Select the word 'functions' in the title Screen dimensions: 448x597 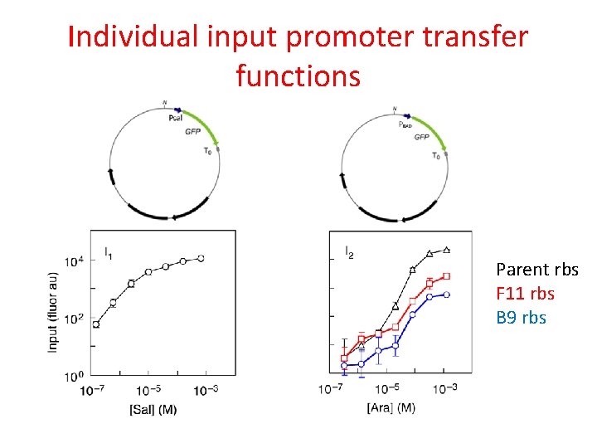tap(298, 75)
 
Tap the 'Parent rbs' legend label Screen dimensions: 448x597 tap(536, 270)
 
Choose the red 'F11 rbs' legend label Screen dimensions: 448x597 tap(525, 294)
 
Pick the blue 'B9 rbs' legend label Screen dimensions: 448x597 tap(521, 318)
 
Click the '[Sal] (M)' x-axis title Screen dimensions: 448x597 tap(153, 409)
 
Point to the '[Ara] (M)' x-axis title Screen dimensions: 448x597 tap(391, 407)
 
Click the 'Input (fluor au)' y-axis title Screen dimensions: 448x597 tap(53, 311)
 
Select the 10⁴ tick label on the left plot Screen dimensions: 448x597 tap(73, 262)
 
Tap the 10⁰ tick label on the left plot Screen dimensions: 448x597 tap(73, 377)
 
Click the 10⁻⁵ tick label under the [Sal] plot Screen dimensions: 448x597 tap(149, 390)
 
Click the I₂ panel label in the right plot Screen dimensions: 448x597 tap(349, 251)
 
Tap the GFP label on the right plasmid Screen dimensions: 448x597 tap(421, 137)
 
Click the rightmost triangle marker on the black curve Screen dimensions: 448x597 tap(447, 249)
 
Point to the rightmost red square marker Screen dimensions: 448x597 tap(447, 275)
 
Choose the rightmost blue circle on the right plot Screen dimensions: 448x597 tap(447, 295)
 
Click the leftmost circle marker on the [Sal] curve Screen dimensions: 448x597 tap(96, 324)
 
